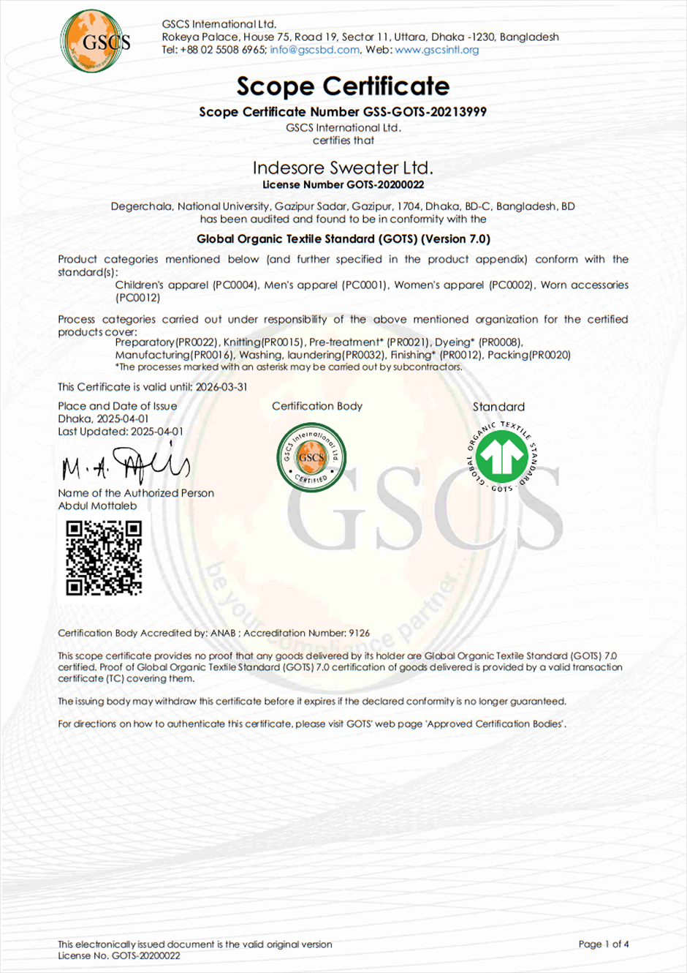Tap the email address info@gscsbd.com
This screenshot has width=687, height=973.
[314, 50]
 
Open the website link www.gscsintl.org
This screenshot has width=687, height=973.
[436, 50]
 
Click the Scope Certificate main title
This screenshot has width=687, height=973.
[343, 86]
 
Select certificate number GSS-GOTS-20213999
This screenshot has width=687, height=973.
[425, 112]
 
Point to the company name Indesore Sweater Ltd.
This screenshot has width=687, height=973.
[343, 168]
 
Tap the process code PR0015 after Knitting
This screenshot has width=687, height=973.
[282, 342]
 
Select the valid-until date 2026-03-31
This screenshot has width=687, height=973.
[221, 387]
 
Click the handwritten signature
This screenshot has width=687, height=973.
[126, 464]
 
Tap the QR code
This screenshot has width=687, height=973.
[103, 557]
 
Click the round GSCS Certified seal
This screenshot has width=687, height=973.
[311, 457]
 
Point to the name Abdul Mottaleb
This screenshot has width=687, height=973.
[97, 506]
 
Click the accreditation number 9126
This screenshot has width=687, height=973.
[359, 633]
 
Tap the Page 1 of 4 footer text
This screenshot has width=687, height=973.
[603, 944]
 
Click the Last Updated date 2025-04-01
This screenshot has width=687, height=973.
[157, 432]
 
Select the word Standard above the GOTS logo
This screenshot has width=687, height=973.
[498, 407]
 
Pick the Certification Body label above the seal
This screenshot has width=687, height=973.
[317, 406]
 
